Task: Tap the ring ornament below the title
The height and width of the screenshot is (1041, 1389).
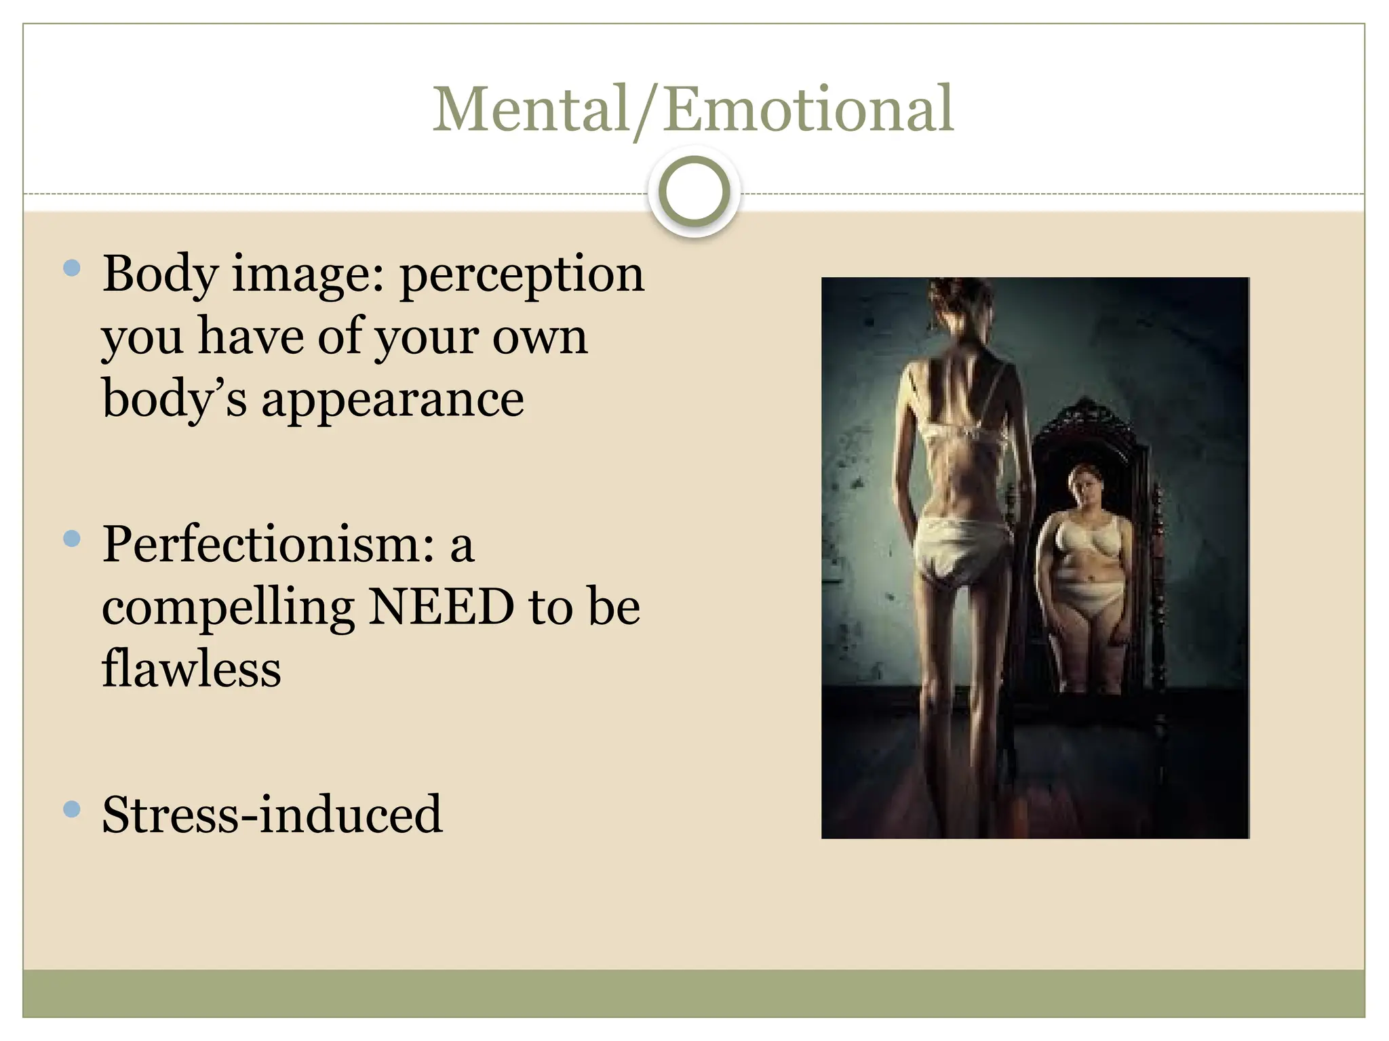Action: [x=694, y=192]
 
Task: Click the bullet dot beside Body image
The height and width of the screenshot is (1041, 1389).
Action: [x=71, y=268]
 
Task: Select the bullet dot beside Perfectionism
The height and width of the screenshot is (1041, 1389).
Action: [x=71, y=539]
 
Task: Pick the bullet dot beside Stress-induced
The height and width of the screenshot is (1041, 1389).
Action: [x=71, y=809]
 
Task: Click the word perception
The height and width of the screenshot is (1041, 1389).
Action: [x=522, y=276]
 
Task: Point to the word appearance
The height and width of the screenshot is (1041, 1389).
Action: [x=393, y=399]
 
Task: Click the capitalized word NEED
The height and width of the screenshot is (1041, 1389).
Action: [x=442, y=607]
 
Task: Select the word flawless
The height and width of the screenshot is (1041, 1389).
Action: [x=191, y=669]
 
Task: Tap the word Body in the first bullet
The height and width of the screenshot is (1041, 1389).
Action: [x=160, y=274]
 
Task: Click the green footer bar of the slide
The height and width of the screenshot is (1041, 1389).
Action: [x=693, y=993]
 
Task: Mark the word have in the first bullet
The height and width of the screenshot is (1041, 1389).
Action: [x=251, y=337]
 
